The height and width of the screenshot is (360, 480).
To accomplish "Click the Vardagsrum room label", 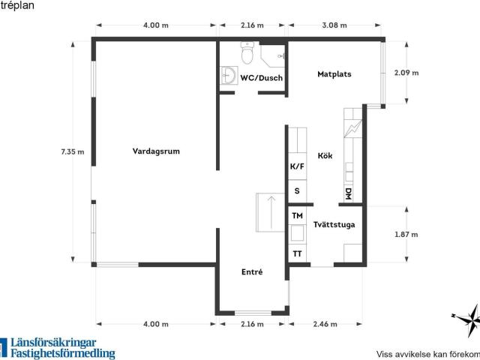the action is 156,151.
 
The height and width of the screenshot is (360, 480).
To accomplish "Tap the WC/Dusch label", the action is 262,78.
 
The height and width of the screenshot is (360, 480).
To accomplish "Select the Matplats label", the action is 334,74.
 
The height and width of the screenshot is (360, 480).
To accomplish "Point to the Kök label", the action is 325,155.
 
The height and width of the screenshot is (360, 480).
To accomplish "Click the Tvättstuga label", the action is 334,225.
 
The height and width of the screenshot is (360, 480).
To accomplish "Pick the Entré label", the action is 252,271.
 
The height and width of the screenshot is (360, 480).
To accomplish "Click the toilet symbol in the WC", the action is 247,53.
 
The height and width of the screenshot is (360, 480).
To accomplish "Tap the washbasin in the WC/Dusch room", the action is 229,76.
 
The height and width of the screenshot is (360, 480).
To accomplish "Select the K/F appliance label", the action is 297,166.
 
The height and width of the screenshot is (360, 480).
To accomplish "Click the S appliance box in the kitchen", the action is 297,191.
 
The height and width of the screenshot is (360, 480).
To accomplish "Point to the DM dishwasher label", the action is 348,193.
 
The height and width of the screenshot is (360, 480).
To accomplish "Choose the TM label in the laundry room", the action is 297,216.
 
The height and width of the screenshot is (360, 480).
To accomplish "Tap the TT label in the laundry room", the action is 297,253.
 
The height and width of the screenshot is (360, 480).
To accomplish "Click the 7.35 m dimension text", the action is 73,151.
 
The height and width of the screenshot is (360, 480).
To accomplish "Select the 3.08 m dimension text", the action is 334,25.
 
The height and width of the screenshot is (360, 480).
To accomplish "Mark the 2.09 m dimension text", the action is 406,73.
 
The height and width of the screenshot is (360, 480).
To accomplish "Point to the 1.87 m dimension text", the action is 406,235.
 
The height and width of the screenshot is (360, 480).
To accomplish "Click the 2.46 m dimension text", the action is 325,324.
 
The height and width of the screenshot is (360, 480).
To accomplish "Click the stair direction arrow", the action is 271,212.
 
